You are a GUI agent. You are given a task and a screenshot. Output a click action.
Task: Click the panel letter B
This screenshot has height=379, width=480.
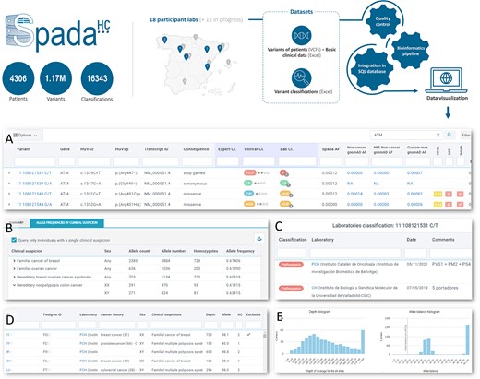pyautogui.click(x=8, y=227)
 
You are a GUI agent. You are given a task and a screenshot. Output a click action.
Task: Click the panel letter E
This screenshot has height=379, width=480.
pyautogui.click(x=280, y=318)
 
